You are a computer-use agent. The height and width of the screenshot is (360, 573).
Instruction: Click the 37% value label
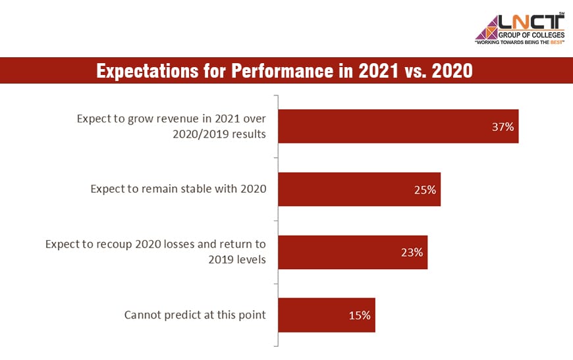point(503,127)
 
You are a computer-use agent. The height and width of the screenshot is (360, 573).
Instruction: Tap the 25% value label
point(425,190)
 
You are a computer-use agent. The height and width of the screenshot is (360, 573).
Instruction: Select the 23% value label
point(412,252)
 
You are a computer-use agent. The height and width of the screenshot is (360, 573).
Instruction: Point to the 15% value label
point(360,315)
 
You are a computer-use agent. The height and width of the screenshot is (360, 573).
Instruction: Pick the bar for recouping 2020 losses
point(342,252)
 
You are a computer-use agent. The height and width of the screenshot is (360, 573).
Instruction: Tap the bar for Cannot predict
point(316,315)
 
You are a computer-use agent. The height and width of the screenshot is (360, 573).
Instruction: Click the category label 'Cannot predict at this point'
point(195,315)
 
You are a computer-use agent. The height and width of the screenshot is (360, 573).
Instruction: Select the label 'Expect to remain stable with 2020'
point(178,190)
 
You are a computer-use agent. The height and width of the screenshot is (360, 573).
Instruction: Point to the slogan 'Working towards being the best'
point(520,42)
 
